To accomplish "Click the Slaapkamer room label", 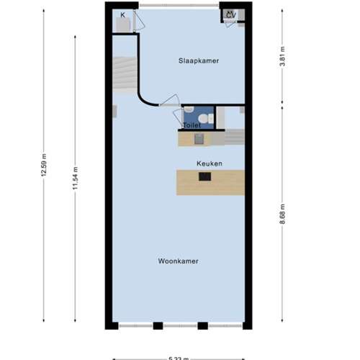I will (x=199, y=61).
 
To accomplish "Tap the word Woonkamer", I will (x=179, y=261).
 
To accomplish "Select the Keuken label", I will (x=210, y=163).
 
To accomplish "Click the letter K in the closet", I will (x=123, y=14).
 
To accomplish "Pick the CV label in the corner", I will (x=231, y=14).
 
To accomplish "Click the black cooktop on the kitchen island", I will (x=205, y=176).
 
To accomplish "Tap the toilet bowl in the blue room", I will (x=204, y=118).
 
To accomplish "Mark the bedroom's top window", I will (x=179, y=6).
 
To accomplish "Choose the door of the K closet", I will (x=138, y=22).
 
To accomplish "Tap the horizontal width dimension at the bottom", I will (x=179, y=356).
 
